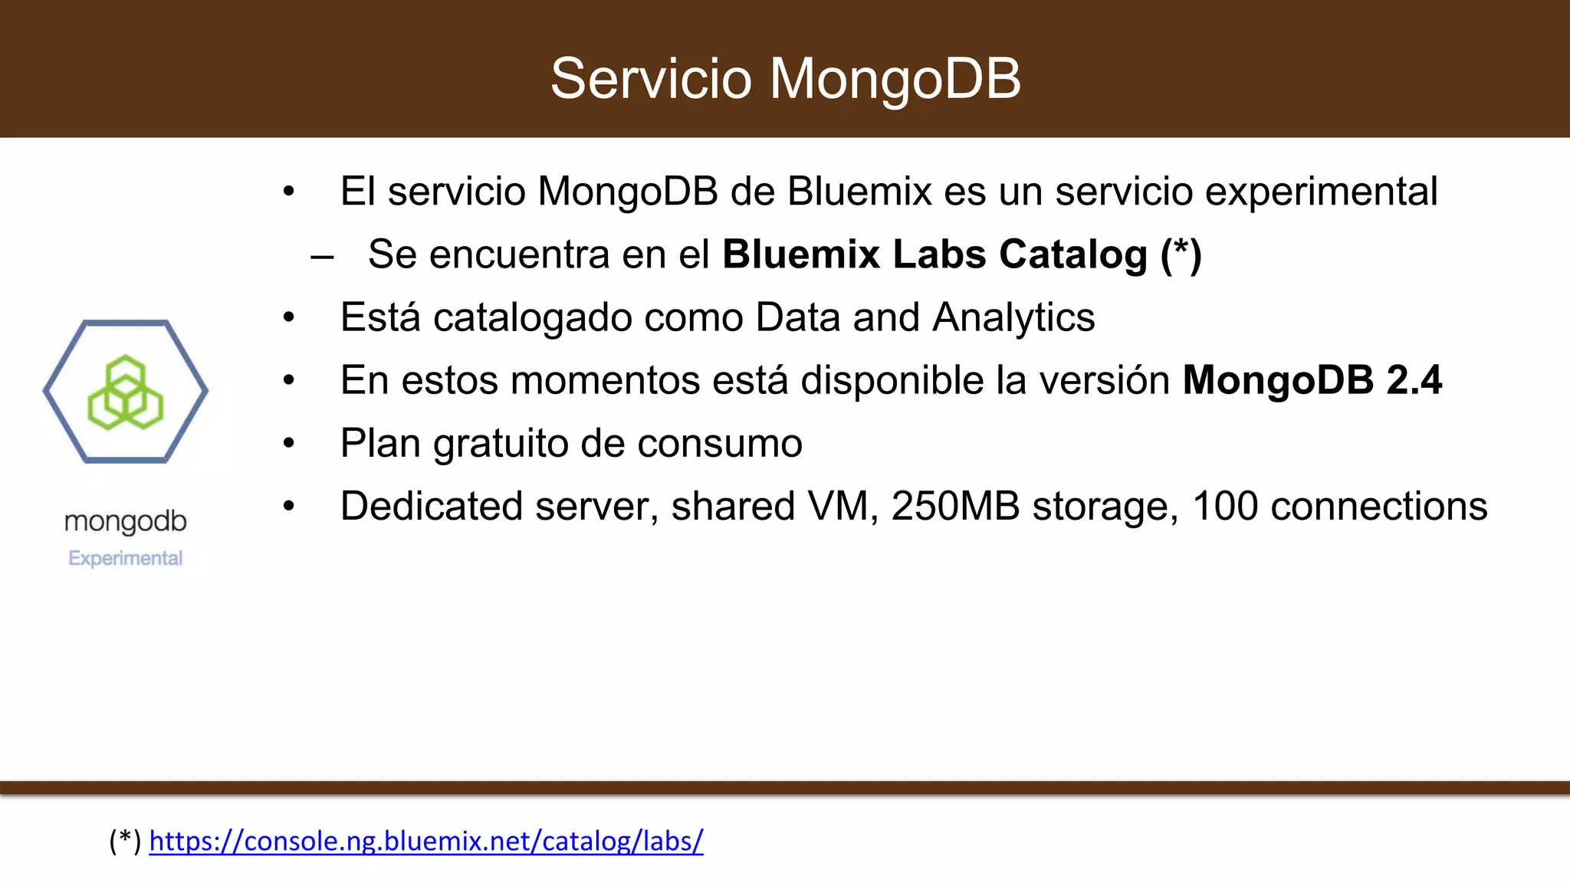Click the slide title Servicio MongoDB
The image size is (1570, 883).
click(x=785, y=78)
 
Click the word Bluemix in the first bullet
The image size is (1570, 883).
click(x=859, y=191)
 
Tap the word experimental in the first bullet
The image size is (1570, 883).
click(x=1322, y=191)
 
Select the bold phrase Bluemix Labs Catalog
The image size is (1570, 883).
click(x=934, y=254)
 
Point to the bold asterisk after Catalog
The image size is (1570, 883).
click(x=1181, y=250)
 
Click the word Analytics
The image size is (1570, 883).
click(x=1013, y=317)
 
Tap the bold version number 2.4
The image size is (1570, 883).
click(x=1414, y=379)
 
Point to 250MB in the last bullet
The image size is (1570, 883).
click(x=955, y=506)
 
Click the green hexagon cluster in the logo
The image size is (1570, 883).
click(x=126, y=392)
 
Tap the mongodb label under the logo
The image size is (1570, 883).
click(x=126, y=522)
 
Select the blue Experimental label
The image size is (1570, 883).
click(x=126, y=558)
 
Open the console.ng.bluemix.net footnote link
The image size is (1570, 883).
click(x=426, y=841)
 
